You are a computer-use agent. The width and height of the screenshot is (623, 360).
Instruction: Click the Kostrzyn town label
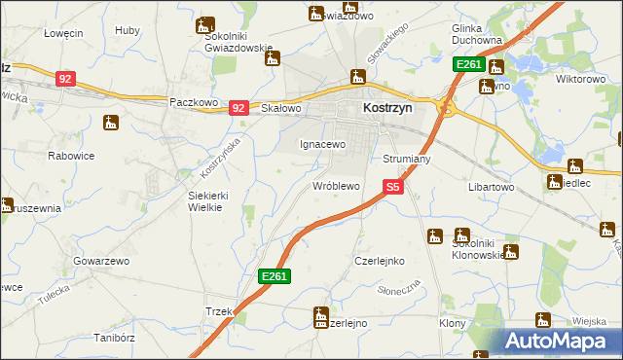pos(387,110)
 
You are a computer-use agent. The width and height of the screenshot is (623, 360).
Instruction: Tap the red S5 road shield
pos(393,186)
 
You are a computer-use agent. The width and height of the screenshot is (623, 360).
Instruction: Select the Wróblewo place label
pos(336,185)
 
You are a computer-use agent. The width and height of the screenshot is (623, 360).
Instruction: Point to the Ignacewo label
pos(321,144)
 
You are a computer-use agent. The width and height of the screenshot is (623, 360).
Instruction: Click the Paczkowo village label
pos(191,101)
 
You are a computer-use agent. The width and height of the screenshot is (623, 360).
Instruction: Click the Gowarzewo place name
pos(101,262)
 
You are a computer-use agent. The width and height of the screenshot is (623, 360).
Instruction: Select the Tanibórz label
pos(112,339)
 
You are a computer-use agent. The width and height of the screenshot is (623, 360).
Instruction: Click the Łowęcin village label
pos(63,33)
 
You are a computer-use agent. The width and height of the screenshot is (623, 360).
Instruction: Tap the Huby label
pos(127,31)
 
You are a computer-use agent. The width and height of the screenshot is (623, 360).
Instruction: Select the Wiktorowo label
pos(581,79)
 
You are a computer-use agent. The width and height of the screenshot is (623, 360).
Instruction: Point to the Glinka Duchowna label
pos(477,35)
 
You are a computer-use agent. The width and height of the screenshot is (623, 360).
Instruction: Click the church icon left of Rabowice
pos(111,124)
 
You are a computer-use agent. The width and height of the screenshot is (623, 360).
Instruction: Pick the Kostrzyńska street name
pos(219,156)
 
